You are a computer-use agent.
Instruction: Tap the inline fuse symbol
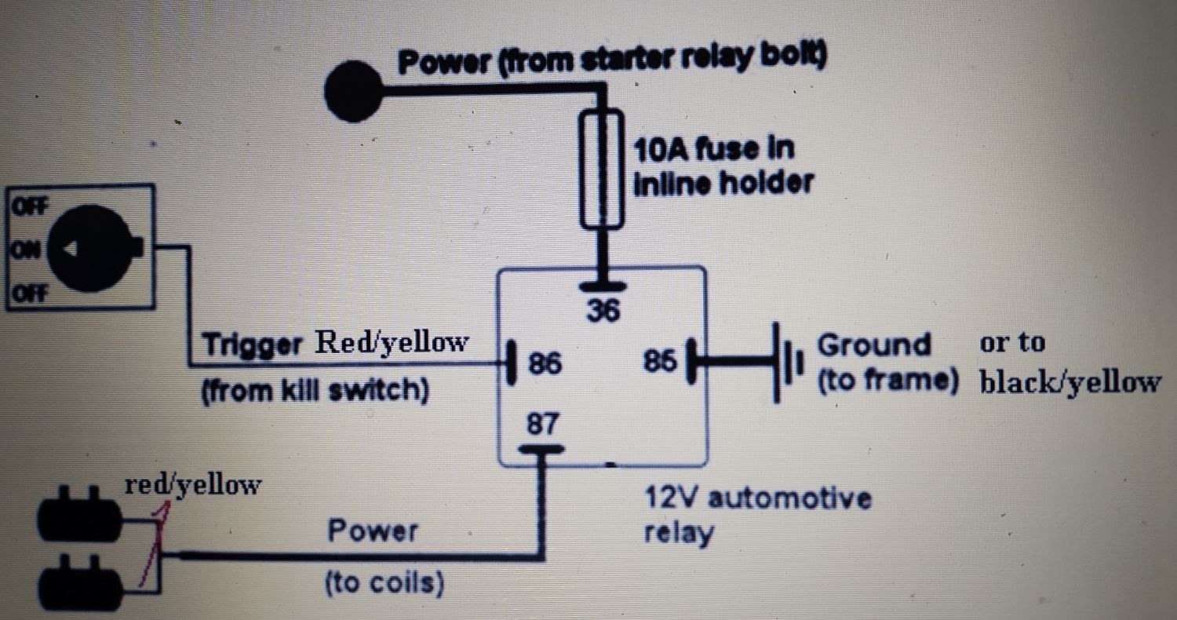coord(603,169)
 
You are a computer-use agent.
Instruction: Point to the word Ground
coord(873,345)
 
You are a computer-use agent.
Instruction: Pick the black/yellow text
coord(1070,382)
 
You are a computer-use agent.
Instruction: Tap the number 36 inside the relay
coord(603,312)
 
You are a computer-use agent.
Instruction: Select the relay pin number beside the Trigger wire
coord(545,364)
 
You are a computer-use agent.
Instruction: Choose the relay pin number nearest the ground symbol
coord(659,362)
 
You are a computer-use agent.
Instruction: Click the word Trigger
coord(252,345)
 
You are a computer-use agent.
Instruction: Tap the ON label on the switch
coord(27,250)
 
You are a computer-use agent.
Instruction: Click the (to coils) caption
coord(383,582)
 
